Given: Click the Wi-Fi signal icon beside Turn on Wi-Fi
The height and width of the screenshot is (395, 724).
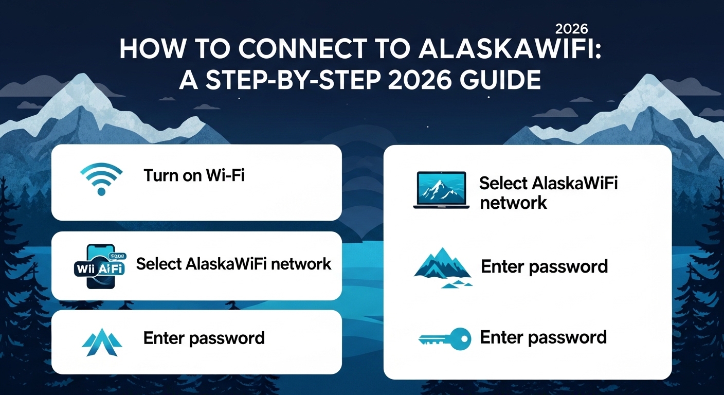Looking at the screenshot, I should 101,178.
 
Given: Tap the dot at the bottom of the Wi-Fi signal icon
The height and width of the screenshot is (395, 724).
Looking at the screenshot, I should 101,191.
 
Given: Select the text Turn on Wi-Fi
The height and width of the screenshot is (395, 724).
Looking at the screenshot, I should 194,176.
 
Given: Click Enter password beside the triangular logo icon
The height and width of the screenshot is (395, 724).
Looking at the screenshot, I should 204,338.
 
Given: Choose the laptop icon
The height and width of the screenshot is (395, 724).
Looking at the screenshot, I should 441,190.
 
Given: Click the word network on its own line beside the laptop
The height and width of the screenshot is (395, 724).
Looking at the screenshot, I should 513,203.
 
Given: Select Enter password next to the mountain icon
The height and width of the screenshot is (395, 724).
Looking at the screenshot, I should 544,267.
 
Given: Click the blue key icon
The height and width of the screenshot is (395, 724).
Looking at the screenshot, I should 444,338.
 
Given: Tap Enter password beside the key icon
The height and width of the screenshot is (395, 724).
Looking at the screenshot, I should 543,337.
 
